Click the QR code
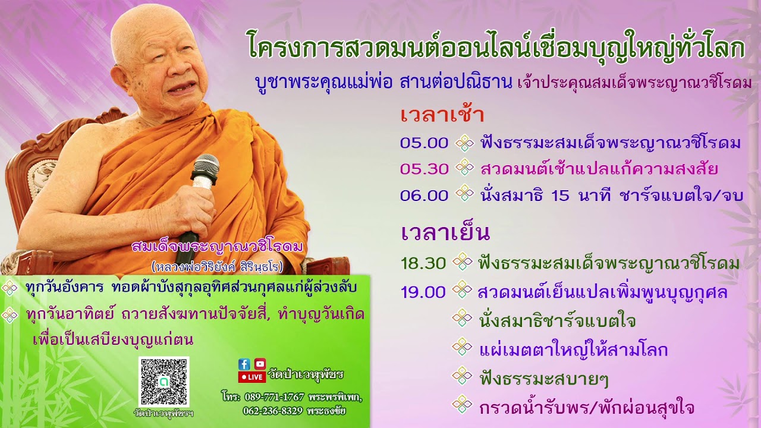coord(163,382)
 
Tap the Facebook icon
coord(244,364)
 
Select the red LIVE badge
coord(251,377)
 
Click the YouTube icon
coord(260,364)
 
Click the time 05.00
coord(424,143)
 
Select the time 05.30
coord(424,169)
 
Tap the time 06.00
coord(424,195)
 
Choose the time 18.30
coord(423,263)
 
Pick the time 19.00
coord(423,292)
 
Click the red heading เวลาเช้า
coord(442,115)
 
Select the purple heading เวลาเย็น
coord(445,232)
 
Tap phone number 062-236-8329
coord(272,411)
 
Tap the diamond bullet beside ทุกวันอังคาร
coord(10,288)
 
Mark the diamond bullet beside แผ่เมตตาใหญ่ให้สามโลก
coord(462,348)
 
